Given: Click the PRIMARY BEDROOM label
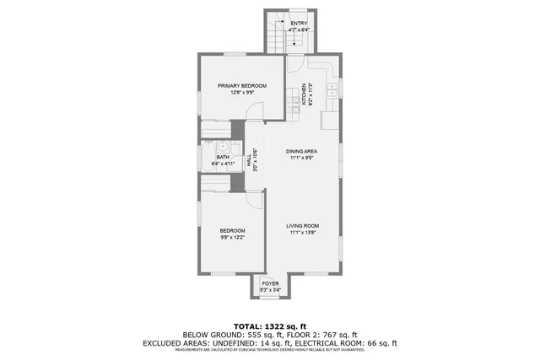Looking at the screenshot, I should point(241,86).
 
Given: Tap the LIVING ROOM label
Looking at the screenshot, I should point(301,226).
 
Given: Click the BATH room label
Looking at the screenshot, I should point(222,157).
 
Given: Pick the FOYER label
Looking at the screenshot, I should point(269,284).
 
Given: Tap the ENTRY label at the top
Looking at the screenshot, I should point(300,23).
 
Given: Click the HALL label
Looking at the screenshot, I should point(248,159).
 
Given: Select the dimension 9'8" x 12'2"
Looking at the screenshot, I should point(232,238).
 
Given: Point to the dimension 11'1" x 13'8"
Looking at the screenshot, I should point(301,233).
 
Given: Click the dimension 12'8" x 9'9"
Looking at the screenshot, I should point(241,93).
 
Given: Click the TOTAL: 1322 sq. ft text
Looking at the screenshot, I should point(269,325).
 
